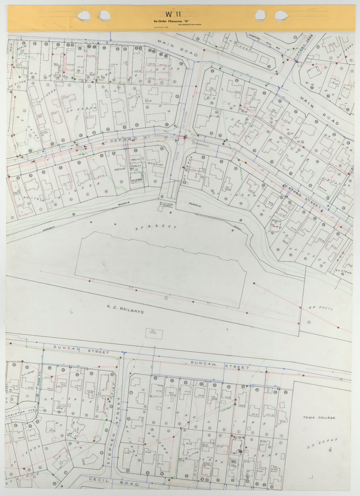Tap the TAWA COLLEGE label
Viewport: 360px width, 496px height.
[319, 418]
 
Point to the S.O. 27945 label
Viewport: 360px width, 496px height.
[343, 272]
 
